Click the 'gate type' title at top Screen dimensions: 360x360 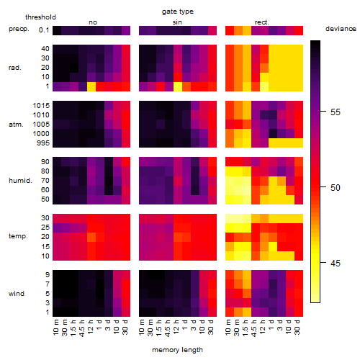click(178, 12)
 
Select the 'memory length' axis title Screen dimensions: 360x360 click(177, 350)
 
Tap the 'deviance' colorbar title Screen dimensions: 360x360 click(341, 29)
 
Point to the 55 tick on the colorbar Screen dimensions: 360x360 click(323, 112)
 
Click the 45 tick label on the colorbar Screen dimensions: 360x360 click(336, 264)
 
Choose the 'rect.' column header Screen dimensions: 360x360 click(262, 22)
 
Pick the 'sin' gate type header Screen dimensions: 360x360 click(177, 22)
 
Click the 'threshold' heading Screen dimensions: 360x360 click(40, 17)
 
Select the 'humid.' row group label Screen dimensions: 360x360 click(20, 181)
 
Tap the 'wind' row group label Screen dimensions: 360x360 click(17, 294)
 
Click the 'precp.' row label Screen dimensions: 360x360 click(19, 29)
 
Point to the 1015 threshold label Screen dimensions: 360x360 click(41, 105)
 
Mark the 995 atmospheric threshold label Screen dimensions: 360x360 click(43, 143)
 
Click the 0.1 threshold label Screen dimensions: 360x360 click(44, 30)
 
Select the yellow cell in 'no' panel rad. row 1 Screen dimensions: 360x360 click(91, 86)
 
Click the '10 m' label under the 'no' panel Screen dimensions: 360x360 click(55, 327)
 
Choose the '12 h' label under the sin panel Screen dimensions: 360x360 click(176, 327)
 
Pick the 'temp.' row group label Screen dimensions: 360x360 click(18, 236)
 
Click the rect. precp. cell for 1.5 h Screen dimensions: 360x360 click(247, 30)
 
